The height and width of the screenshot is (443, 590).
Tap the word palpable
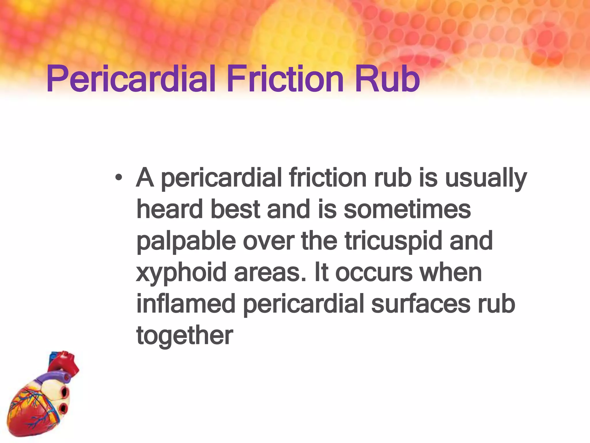click(186, 242)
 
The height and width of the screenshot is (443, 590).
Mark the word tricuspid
click(393, 242)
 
